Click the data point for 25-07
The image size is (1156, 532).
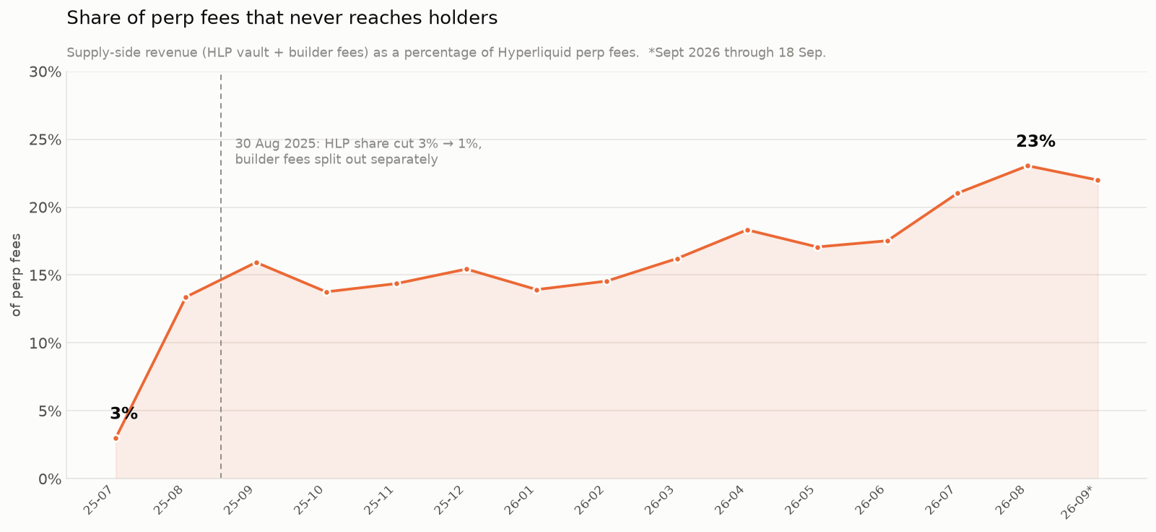tap(116, 439)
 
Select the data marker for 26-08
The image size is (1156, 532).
tap(1027, 166)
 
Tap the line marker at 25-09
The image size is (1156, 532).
tap(256, 263)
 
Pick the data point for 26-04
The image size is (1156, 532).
tap(747, 231)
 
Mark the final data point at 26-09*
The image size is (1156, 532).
tap(1098, 180)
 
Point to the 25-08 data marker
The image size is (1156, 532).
tap(186, 298)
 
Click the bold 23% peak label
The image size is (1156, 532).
tap(1035, 142)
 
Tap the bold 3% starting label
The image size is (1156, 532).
tap(124, 413)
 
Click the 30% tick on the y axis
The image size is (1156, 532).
tap(45, 72)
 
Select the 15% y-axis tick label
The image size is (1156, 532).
tap(45, 275)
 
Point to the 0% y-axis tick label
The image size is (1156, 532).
tap(50, 479)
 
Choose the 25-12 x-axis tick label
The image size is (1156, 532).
tap(449, 500)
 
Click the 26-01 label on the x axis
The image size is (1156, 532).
tap(519, 500)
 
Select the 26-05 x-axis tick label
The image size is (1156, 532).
tap(800, 500)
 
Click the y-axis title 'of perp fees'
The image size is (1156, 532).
tap(17, 275)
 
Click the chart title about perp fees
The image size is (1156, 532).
tap(282, 18)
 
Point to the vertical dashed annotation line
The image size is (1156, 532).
tap(221, 276)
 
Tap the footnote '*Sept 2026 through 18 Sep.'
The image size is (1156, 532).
tap(737, 53)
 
